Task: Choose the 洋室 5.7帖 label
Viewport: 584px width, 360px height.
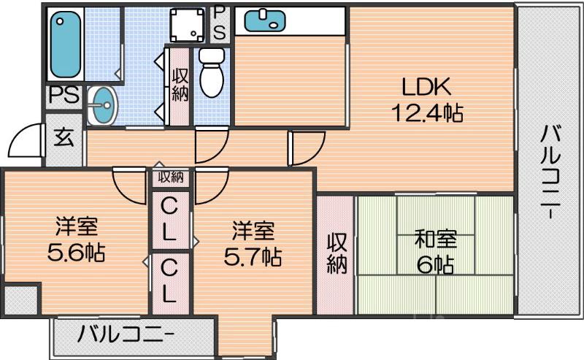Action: click(253, 244)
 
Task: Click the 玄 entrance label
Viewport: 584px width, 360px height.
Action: click(65, 138)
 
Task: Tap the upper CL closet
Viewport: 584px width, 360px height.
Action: click(169, 220)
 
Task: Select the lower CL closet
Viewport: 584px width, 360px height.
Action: click(169, 282)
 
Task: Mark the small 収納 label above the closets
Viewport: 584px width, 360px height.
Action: click(171, 177)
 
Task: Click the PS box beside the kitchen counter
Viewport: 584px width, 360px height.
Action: click(220, 22)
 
